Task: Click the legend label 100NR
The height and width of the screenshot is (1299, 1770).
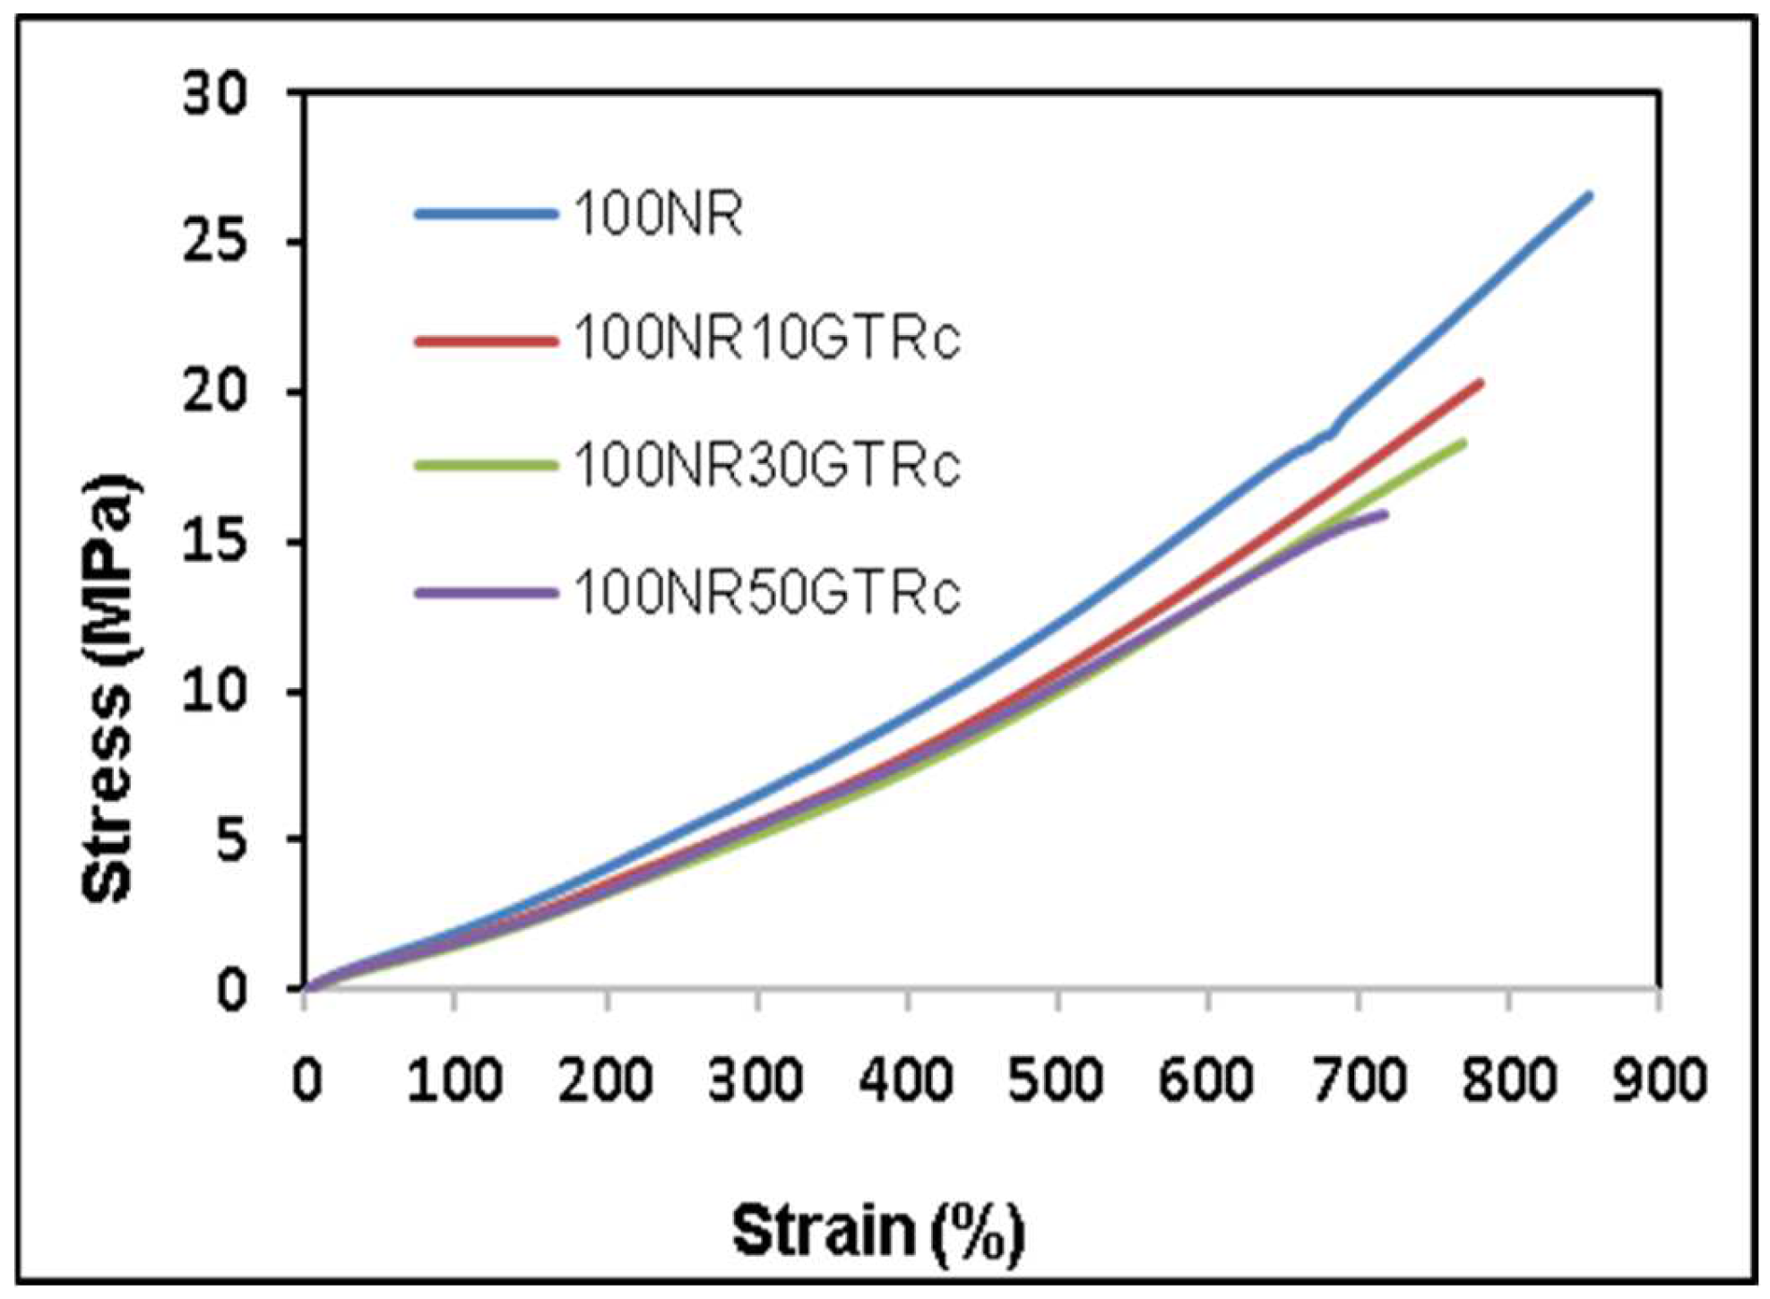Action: (x=658, y=214)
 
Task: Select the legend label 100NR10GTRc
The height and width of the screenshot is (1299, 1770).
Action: (x=767, y=340)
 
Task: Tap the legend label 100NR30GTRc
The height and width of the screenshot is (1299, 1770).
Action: (x=767, y=465)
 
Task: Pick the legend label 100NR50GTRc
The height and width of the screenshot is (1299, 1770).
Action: (x=767, y=592)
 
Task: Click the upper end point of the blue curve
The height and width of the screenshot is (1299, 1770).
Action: (x=1588, y=195)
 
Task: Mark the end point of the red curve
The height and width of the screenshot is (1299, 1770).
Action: (x=1480, y=383)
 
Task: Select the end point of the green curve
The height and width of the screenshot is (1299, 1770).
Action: (x=1463, y=443)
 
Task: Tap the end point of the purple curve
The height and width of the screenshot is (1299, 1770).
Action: (x=1385, y=514)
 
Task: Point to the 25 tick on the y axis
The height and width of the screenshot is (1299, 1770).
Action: (x=215, y=242)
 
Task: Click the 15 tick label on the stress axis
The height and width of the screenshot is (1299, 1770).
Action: (x=215, y=542)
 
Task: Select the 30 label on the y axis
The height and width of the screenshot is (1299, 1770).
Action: (x=215, y=93)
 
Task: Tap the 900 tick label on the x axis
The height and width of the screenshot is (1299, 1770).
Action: (x=1659, y=1080)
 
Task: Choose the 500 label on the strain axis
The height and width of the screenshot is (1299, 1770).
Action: (x=1057, y=1080)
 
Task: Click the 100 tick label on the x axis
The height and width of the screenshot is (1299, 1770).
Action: (x=454, y=1080)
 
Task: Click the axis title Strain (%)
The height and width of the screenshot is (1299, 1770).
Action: (x=878, y=1231)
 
